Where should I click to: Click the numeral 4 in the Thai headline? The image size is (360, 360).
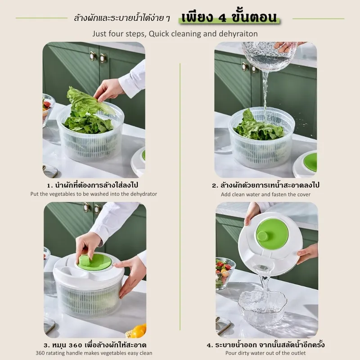click(222, 18)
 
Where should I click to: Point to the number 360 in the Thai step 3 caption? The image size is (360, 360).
click(75, 345)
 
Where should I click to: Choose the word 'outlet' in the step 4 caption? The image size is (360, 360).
click(298, 353)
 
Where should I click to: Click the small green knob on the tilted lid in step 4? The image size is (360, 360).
click(262, 236)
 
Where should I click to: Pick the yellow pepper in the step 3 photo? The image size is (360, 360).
click(137, 331)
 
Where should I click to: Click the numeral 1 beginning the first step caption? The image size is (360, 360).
click(49, 185)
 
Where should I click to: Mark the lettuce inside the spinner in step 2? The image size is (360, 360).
click(258, 127)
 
